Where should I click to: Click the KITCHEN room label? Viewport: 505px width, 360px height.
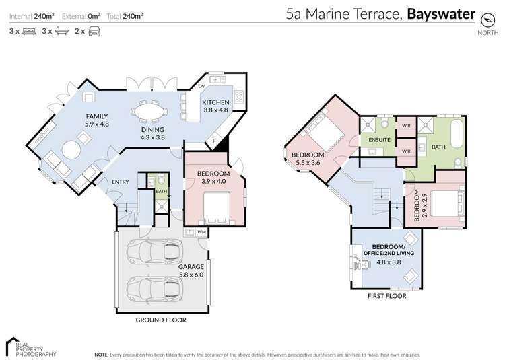(216, 102)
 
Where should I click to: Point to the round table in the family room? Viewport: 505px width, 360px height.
(71, 148)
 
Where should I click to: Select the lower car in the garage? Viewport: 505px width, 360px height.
(154, 288)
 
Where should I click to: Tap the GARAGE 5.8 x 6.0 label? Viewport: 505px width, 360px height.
(191, 270)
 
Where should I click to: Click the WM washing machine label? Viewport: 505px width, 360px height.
(201, 232)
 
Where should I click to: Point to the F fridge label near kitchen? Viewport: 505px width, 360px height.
(215, 141)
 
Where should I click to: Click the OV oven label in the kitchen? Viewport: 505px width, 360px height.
(201, 86)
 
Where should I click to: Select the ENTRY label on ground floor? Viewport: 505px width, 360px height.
(120, 182)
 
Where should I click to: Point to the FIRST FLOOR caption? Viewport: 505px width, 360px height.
(386, 295)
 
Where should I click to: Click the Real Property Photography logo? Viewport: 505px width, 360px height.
(30, 347)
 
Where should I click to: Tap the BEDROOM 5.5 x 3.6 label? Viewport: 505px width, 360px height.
(308, 159)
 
